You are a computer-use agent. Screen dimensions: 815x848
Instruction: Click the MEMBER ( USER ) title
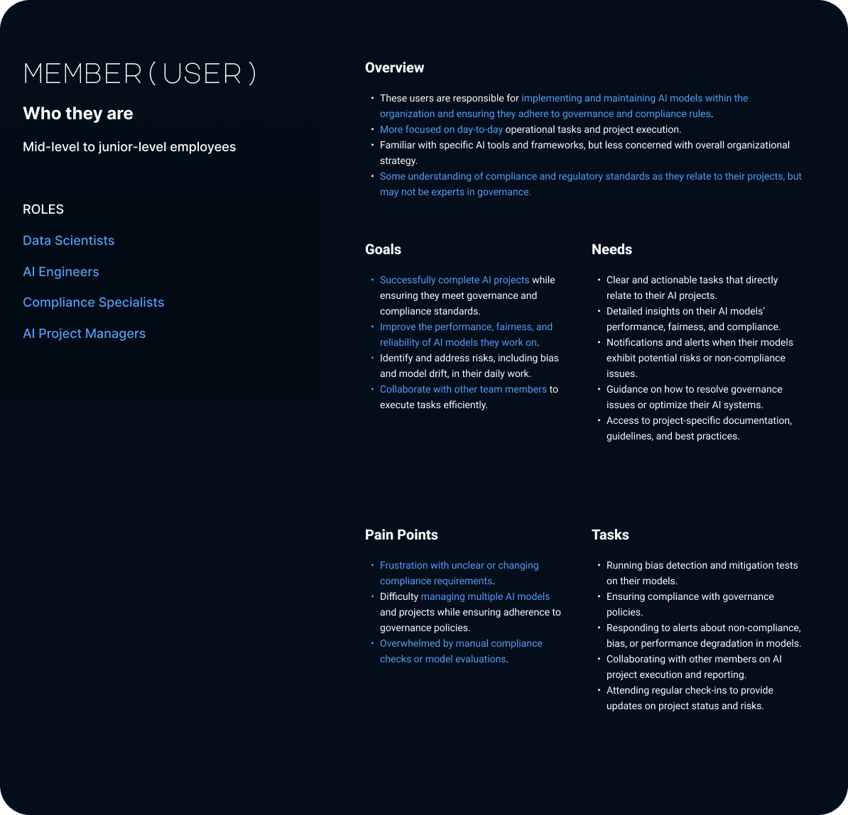pyautogui.click(x=139, y=74)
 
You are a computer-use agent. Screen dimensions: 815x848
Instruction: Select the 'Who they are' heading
pyautogui.click(x=78, y=114)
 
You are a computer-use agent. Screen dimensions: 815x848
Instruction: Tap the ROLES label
pyautogui.click(x=43, y=209)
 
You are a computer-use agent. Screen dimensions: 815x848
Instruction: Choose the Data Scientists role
pyautogui.click(x=69, y=241)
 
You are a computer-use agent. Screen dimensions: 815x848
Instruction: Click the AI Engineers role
pyautogui.click(x=61, y=272)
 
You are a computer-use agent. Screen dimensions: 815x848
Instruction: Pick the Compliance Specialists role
pyautogui.click(x=94, y=302)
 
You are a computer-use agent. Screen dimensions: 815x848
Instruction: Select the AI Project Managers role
pyautogui.click(x=85, y=334)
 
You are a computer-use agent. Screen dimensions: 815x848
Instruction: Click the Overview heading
pyautogui.click(x=394, y=68)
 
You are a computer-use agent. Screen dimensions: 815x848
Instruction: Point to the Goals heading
pyautogui.click(x=383, y=249)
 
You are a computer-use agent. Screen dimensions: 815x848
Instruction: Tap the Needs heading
pyautogui.click(x=611, y=249)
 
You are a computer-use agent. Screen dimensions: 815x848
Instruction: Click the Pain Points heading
pyautogui.click(x=401, y=535)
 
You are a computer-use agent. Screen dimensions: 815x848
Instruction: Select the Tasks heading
pyautogui.click(x=610, y=535)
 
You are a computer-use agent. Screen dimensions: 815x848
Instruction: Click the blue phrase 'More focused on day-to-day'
pyautogui.click(x=441, y=129)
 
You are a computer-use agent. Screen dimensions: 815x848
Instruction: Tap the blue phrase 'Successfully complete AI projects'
pyautogui.click(x=455, y=280)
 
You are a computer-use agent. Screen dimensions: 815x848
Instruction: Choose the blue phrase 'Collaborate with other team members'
pyautogui.click(x=463, y=389)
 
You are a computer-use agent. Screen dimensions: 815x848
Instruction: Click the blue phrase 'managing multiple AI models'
pyautogui.click(x=485, y=596)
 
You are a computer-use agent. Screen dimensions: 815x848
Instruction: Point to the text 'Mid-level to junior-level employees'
pyautogui.click(x=129, y=147)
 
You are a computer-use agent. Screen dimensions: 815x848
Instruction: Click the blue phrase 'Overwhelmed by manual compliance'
pyautogui.click(x=461, y=643)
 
